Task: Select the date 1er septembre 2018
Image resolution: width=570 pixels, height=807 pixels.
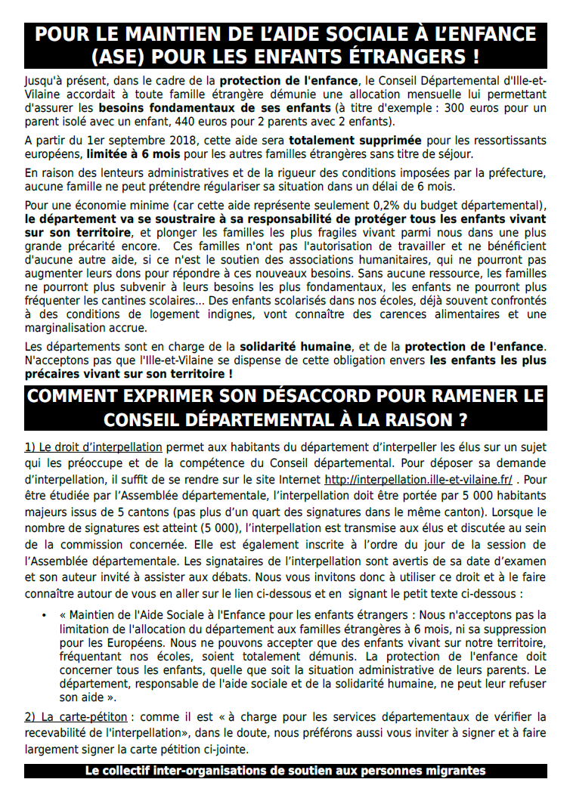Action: click(135, 141)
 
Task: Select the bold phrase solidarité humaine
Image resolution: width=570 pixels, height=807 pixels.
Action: click(294, 346)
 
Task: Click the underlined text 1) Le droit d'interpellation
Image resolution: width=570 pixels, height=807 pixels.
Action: click(93, 447)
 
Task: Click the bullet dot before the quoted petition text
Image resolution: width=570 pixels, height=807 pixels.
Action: click(44, 615)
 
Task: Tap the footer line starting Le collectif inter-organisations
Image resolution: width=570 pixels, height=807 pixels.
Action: click(285, 771)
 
